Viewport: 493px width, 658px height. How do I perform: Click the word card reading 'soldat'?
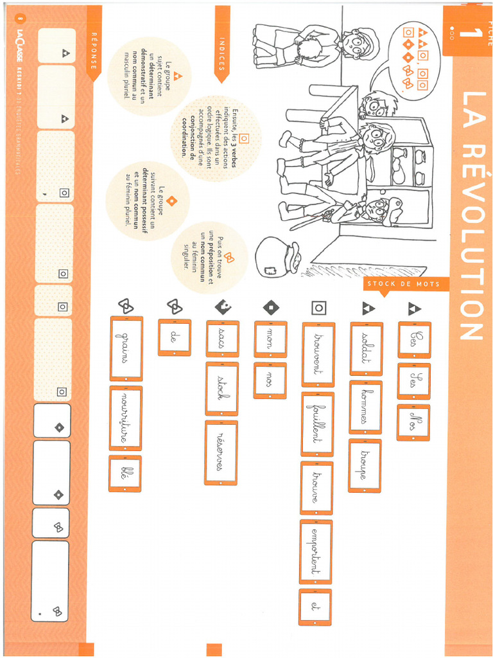tap(367, 348)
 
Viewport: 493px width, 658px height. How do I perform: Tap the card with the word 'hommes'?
tap(365, 407)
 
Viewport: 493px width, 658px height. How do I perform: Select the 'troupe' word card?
tap(365, 465)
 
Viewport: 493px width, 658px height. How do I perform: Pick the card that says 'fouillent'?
tap(317, 423)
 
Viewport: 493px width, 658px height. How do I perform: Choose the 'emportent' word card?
tap(316, 551)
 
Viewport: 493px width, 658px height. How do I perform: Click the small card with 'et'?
tap(315, 607)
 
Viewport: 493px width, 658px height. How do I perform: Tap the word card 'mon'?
tap(270, 339)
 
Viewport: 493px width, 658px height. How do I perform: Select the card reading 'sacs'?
tap(222, 338)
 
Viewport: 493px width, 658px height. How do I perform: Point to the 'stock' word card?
tap(221, 388)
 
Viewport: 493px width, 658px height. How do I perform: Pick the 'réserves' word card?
tap(221, 452)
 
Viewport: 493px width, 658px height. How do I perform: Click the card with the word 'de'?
tap(174, 337)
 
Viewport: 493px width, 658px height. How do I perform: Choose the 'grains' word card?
tap(126, 348)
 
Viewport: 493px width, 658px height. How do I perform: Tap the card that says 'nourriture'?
tap(126, 418)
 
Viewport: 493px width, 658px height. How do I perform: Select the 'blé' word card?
tap(125, 474)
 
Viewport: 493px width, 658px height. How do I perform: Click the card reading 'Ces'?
tap(414, 339)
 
